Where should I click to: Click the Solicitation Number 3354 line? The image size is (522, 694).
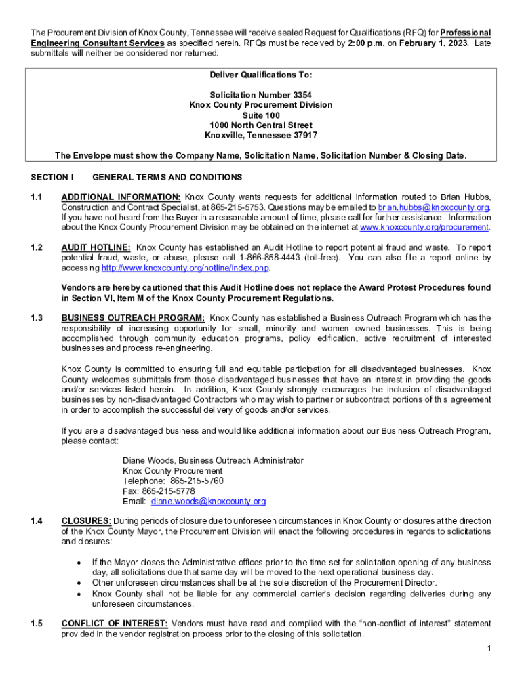(261, 95)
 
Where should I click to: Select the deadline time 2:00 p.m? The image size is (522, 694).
(366, 43)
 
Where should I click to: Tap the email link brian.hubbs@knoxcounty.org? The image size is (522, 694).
(434, 207)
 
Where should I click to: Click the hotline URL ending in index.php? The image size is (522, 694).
(185, 268)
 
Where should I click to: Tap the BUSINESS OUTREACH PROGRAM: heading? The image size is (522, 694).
(133, 318)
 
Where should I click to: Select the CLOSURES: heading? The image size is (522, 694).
(87, 521)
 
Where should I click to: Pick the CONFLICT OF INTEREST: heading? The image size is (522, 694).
(115, 624)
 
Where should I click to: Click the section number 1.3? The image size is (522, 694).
(37, 318)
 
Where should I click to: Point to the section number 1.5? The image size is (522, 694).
(37, 624)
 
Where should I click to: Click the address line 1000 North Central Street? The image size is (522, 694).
(261, 125)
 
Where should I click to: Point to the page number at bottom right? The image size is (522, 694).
(488, 649)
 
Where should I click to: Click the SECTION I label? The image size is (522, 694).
(52, 178)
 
